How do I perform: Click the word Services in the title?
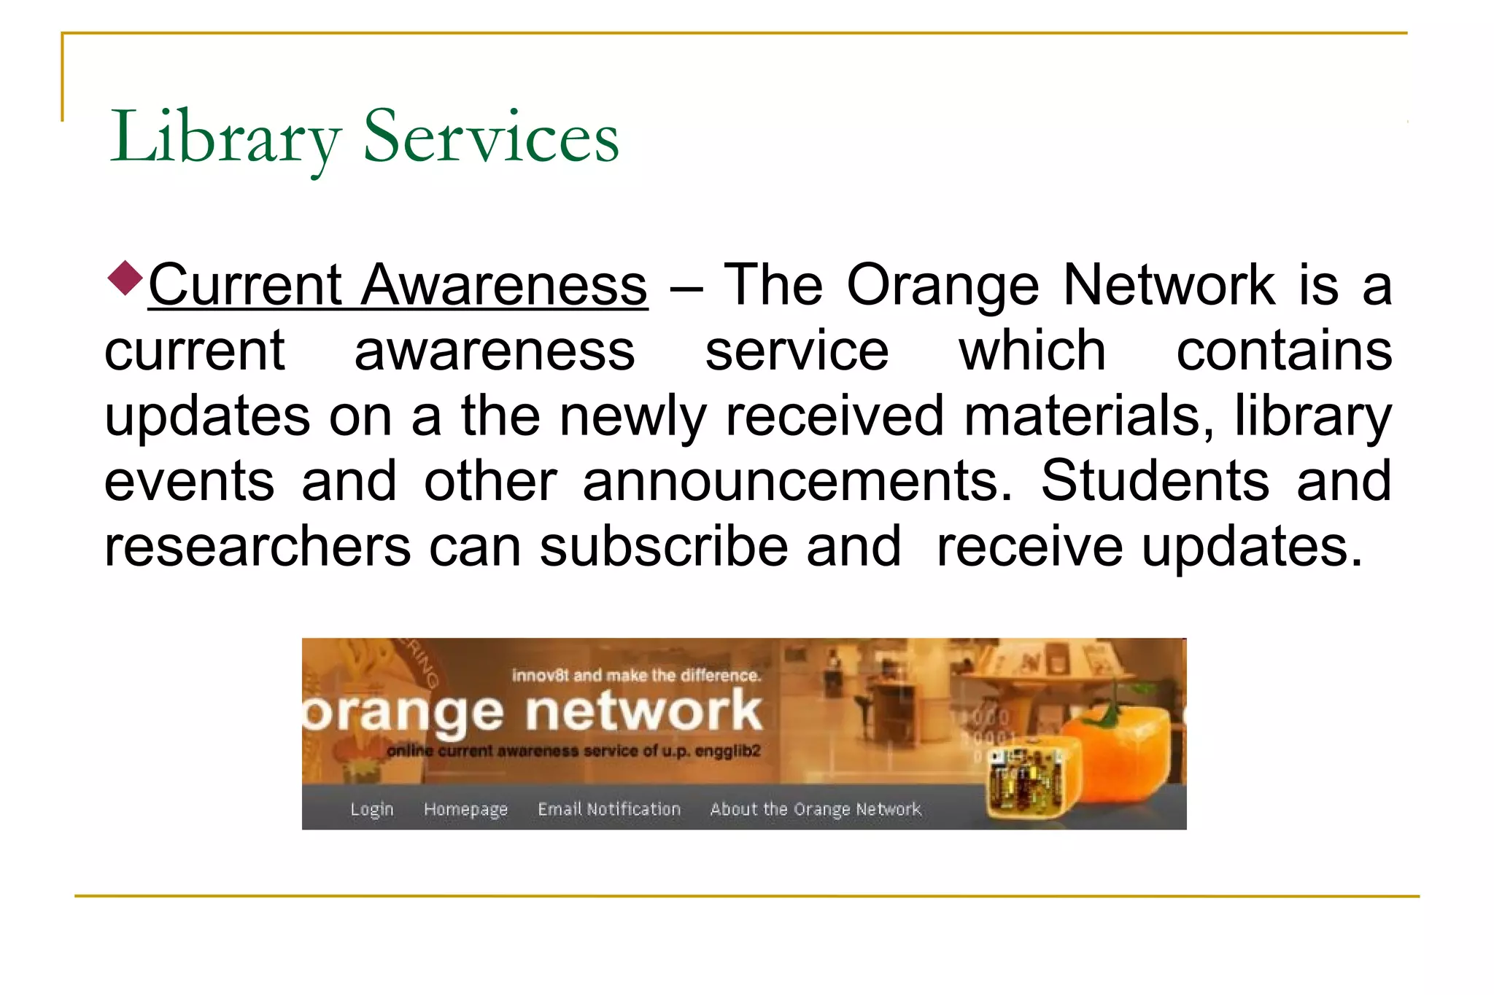[491, 137]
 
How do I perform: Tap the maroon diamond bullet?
[125, 278]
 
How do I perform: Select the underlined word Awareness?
[504, 285]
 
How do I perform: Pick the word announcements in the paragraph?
[798, 481]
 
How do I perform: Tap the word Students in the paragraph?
[1155, 481]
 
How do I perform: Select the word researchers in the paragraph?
[258, 547]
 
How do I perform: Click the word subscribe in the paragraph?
[664, 547]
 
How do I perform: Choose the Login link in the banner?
[371, 809]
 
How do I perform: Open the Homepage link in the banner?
[465, 809]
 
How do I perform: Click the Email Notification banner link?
[609, 809]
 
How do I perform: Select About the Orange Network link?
[816, 809]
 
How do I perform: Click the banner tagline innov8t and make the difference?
[636, 675]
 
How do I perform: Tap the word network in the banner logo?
[643, 711]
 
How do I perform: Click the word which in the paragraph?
[1032, 351]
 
